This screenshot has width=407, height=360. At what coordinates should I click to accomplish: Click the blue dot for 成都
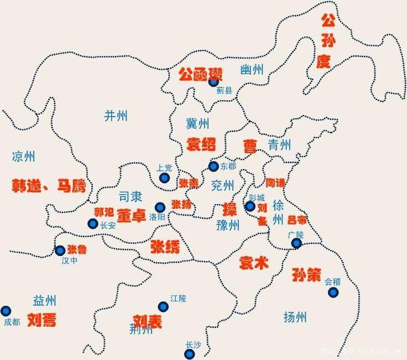6,311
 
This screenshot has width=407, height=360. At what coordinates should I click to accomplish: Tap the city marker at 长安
92,223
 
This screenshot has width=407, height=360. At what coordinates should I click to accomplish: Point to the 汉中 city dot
60,251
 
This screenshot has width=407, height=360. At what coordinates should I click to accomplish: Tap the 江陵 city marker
163,306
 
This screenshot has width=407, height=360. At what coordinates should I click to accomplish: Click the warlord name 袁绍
201,144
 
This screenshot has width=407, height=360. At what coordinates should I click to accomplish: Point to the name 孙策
306,275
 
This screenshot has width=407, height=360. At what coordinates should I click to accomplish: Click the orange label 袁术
253,263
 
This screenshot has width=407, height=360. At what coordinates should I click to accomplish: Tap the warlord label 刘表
148,321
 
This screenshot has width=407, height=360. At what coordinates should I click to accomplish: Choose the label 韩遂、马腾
49,186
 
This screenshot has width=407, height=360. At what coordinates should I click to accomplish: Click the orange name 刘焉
42,320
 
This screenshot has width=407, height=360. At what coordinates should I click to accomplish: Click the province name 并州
116,115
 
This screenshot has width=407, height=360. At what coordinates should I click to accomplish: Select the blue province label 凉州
23,156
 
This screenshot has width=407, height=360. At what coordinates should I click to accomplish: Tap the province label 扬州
294,317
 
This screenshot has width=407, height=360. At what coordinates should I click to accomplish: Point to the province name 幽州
252,70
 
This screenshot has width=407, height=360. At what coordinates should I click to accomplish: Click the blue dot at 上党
164,178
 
